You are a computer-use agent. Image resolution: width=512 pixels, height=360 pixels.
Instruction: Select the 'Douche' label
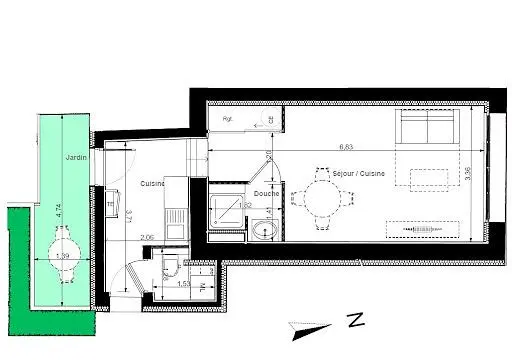pyautogui.click(x=267, y=194)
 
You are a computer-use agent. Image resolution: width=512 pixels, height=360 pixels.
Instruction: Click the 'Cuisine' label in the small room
pyautogui.click(x=152, y=183)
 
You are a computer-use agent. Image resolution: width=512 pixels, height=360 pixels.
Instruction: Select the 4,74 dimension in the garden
pyautogui.click(x=59, y=210)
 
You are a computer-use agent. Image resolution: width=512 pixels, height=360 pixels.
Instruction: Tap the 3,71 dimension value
pyautogui.click(x=130, y=213)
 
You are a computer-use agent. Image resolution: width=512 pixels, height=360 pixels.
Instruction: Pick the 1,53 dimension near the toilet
pyautogui.click(x=183, y=284)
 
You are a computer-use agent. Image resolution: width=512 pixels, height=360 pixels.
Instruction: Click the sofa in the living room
pyautogui.click(x=428, y=129)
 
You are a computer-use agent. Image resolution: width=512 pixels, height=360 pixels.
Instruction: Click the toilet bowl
pyautogui.click(x=170, y=264)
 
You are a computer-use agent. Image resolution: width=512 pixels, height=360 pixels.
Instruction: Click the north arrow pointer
pyautogui.click(x=309, y=328)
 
